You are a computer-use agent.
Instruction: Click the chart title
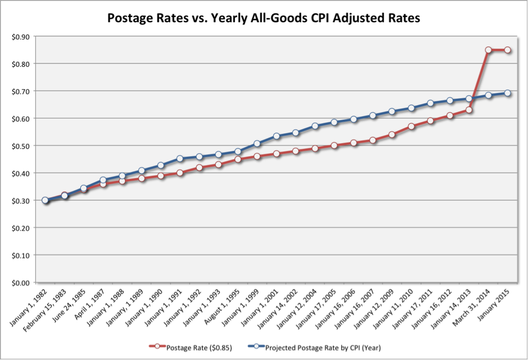(x=264, y=18)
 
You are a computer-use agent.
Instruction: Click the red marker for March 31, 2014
(x=488, y=50)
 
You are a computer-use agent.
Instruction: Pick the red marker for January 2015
(x=507, y=50)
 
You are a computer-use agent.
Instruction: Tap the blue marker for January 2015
(x=507, y=93)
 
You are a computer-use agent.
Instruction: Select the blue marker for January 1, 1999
(x=257, y=143)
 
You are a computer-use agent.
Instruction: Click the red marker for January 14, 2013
(x=469, y=110)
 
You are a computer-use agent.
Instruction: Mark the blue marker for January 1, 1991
(x=180, y=159)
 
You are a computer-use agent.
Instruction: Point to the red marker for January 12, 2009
(x=392, y=134)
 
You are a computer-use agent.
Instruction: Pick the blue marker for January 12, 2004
(x=315, y=126)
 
